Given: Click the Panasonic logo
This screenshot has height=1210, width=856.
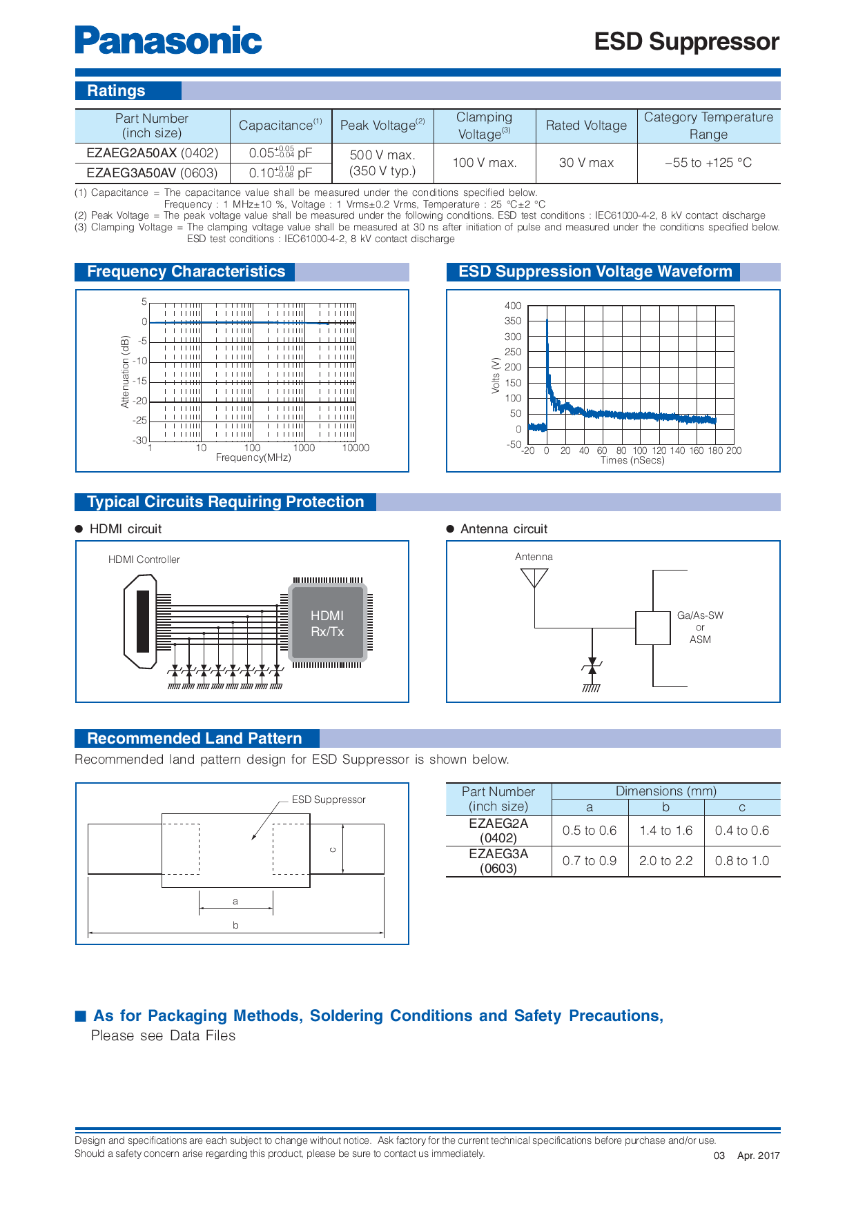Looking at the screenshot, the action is pyautogui.click(x=168, y=40).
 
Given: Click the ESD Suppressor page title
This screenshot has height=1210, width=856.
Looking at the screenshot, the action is pyautogui.click(x=686, y=41).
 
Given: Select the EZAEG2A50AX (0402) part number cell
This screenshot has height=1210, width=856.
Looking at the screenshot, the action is pyautogui.click(x=152, y=152).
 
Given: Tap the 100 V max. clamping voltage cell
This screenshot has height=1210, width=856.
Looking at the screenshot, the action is pyautogui.click(x=485, y=163).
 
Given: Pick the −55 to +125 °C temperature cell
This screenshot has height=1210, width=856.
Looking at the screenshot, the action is pyautogui.click(x=708, y=163).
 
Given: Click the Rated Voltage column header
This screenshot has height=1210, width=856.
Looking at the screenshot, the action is pyautogui.click(x=586, y=126).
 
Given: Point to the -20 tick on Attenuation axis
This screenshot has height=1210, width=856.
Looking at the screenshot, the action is pyautogui.click(x=140, y=401).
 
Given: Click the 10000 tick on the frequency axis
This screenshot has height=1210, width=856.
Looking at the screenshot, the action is pyautogui.click(x=356, y=448).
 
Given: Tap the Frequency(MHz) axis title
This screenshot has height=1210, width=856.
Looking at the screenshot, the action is pyautogui.click(x=253, y=457).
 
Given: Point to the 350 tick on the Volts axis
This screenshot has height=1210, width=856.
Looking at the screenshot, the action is pyautogui.click(x=513, y=321).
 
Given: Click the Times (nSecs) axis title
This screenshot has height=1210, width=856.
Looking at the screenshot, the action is pyautogui.click(x=632, y=460).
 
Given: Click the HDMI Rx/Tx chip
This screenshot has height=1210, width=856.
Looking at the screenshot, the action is pyautogui.click(x=328, y=623).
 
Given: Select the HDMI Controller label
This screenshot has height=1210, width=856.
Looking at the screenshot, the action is pyautogui.click(x=144, y=559).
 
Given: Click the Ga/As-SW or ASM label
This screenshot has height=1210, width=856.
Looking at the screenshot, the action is pyautogui.click(x=700, y=627).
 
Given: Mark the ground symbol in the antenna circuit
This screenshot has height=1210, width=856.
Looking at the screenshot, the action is pyautogui.click(x=592, y=688).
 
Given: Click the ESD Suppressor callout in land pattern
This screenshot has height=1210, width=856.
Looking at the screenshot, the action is pyautogui.click(x=329, y=800).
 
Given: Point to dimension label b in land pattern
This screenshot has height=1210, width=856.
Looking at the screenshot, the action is pyautogui.click(x=235, y=925).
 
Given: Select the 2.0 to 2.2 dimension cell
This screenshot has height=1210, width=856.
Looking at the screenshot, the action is pyautogui.click(x=665, y=861).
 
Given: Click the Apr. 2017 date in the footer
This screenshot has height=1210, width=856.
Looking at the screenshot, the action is pyautogui.click(x=758, y=1156).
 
